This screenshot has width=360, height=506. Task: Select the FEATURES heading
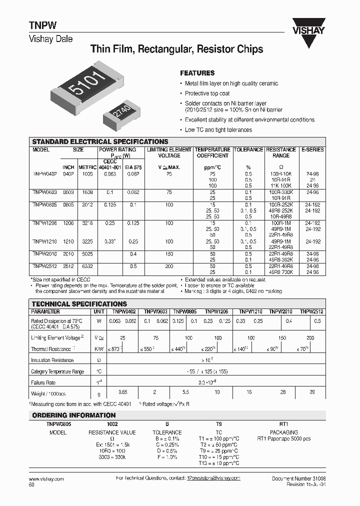click(x=197, y=72)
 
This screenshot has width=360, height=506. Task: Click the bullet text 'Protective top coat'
click(x=207, y=93)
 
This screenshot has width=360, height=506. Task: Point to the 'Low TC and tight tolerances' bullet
click(x=218, y=129)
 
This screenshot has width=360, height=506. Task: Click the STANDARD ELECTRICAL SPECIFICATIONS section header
click(x=100, y=141)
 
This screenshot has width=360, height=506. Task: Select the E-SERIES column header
click(x=312, y=149)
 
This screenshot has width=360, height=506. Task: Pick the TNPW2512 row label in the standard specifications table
click(x=45, y=266)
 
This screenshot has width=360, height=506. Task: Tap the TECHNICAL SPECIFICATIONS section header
click(x=79, y=303)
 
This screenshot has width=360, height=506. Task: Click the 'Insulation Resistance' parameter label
click(x=52, y=360)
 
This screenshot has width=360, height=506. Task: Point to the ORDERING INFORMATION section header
click(x=74, y=415)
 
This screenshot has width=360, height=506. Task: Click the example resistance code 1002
click(x=112, y=423)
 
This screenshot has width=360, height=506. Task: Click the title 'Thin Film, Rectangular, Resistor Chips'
click(x=176, y=49)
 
